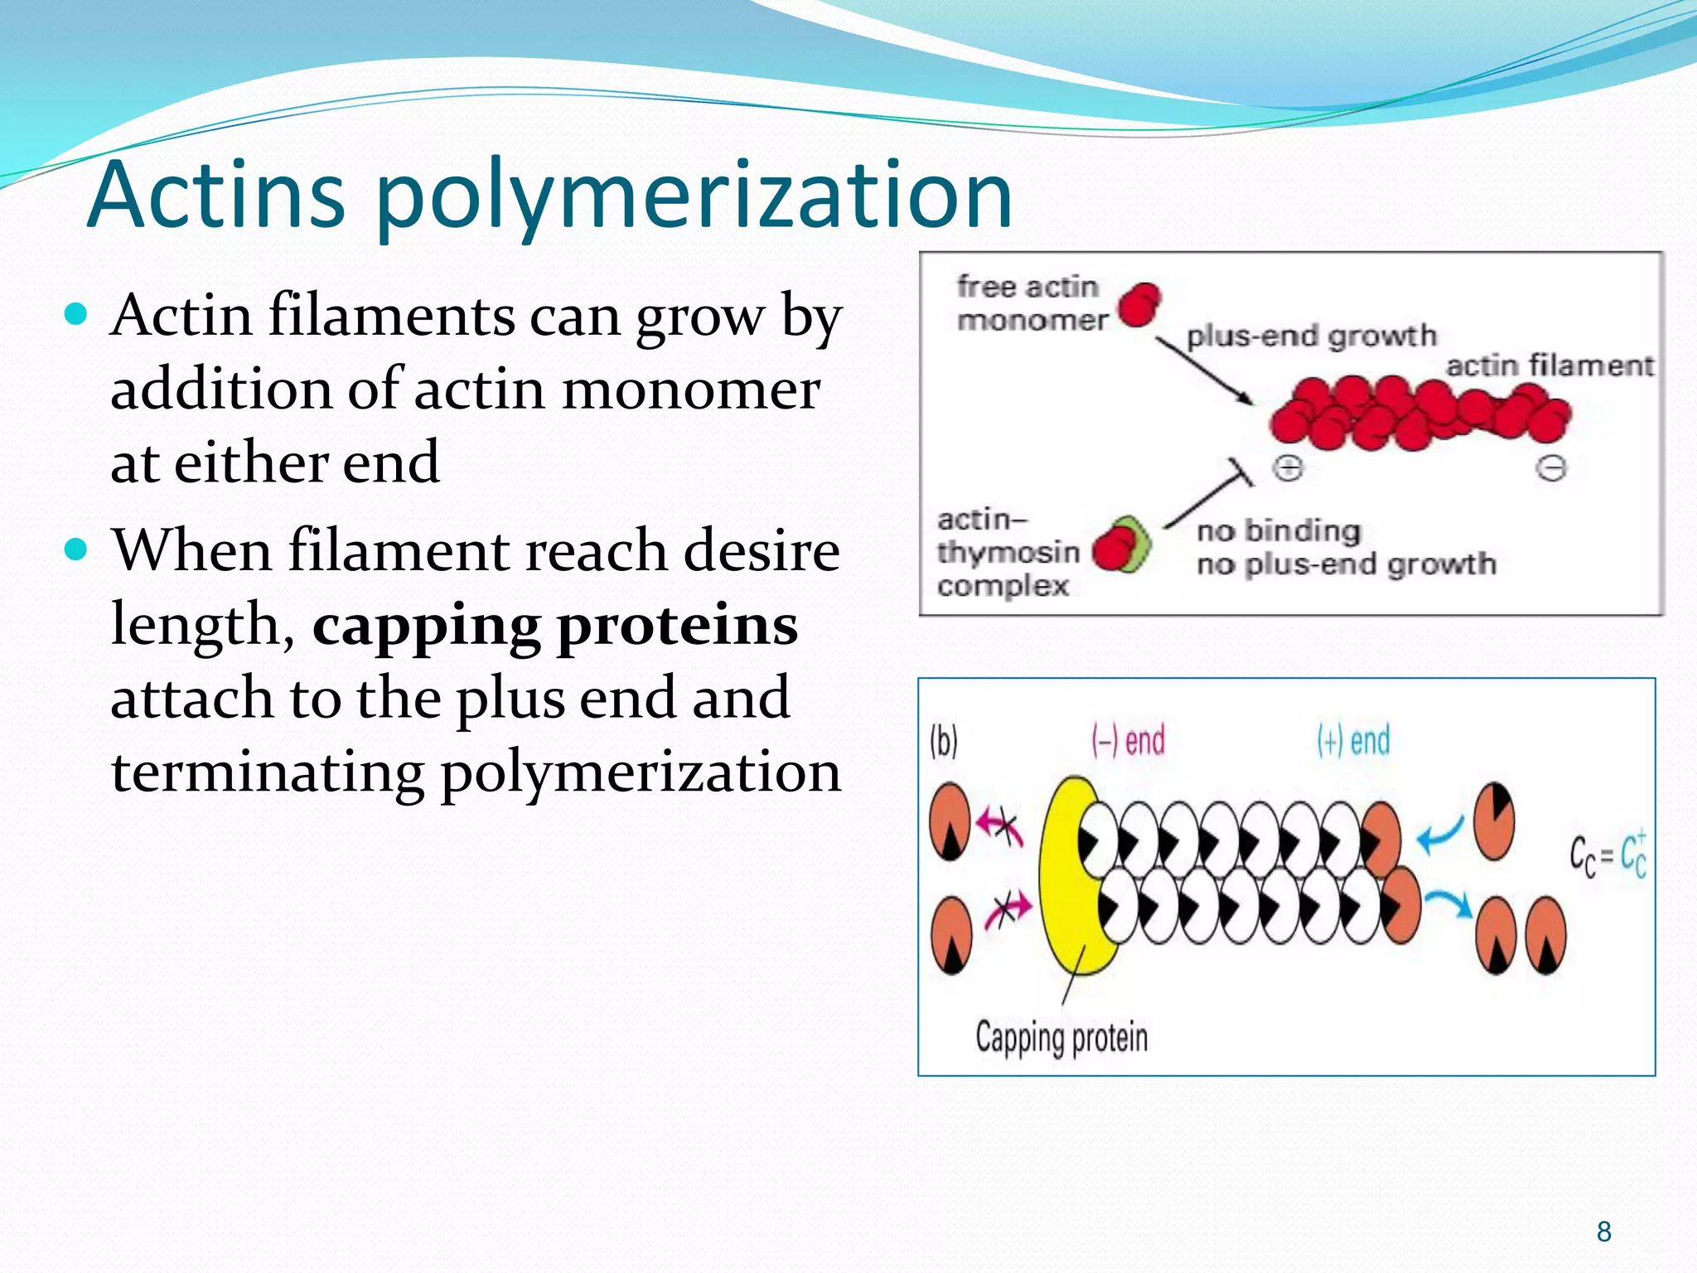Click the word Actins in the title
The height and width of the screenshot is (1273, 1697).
(217, 196)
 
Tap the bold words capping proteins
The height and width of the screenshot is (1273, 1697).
(554, 625)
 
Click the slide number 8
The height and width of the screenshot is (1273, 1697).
(1603, 1232)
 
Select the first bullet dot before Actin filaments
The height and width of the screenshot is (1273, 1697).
(76, 315)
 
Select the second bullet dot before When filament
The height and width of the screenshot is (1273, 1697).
(76, 549)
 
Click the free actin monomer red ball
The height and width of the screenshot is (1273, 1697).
(1139, 304)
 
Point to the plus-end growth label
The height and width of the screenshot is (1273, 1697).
(1311, 336)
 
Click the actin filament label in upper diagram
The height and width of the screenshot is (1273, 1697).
(1549, 365)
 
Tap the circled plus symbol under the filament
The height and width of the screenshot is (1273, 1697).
(1288, 468)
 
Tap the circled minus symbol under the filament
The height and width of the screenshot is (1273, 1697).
(1550, 468)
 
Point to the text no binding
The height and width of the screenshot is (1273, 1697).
(1279, 530)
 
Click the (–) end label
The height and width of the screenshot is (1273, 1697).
(1129, 740)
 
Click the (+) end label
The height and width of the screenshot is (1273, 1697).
(1353, 740)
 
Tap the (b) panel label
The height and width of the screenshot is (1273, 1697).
(944, 741)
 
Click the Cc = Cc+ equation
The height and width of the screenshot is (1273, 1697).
(1608, 854)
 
